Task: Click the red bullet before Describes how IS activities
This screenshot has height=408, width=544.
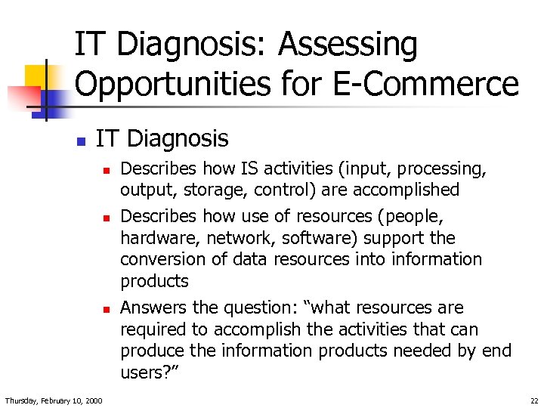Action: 107,170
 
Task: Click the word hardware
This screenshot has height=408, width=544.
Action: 153,238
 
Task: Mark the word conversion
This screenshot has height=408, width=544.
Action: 158,259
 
